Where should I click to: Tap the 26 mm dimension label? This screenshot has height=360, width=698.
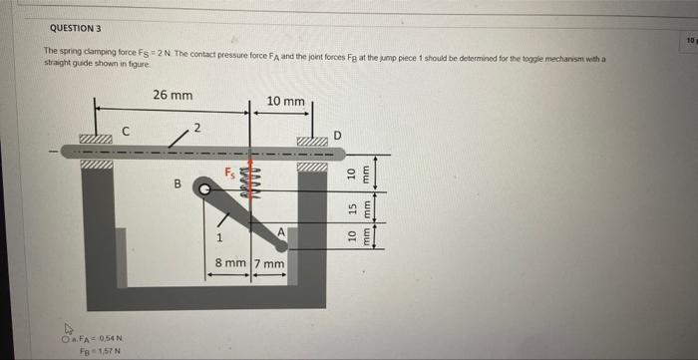coord(174,96)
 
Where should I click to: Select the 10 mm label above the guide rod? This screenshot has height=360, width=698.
coord(286,102)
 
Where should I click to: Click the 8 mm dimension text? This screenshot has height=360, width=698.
coord(230,264)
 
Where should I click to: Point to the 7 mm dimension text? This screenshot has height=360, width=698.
coord(270,264)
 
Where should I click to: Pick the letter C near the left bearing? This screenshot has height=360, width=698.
coord(126,129)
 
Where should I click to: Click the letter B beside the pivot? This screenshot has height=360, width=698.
coord(177,183)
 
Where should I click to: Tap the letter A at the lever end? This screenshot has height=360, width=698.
coord(283,230)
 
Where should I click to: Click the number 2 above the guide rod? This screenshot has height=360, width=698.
coord(197,127)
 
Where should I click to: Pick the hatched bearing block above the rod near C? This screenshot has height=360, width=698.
coord(99,138)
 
